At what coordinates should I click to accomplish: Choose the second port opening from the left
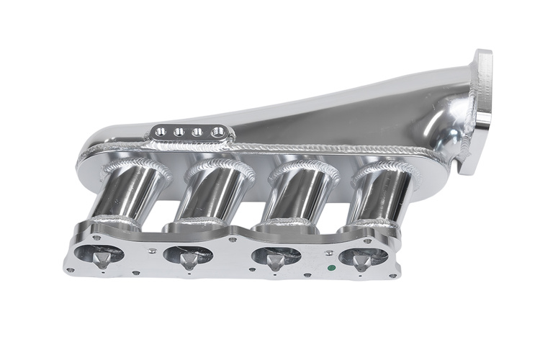(189, 255)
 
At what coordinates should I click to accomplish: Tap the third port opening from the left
(276, 256)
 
